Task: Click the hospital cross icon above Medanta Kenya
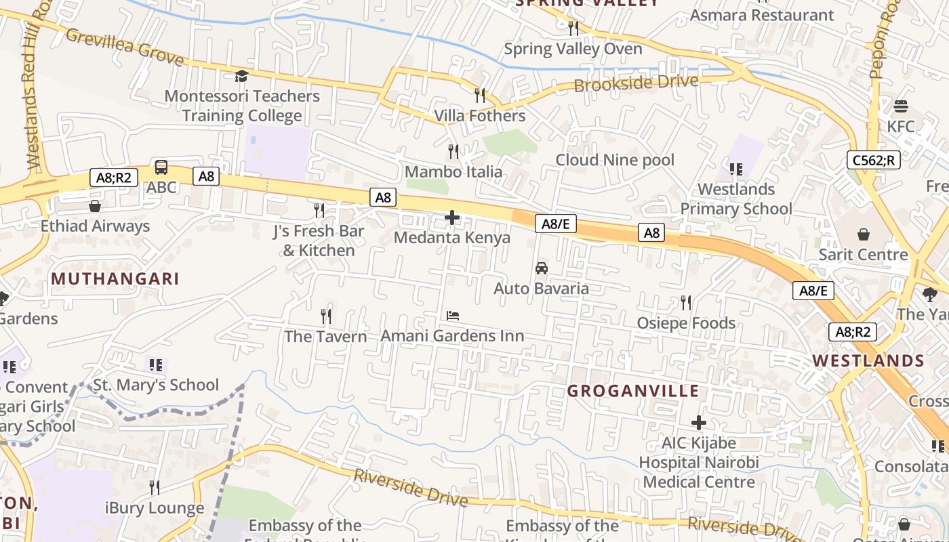pyautogui.click(x=452, y=217)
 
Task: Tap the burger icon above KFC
pyautogui.click(x=901, y=106)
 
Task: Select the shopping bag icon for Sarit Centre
pyautogui.click(x=864, y=234)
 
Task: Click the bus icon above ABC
pyautogui.click(x=161, y=167)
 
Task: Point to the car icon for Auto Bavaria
pyautogui.click(x=542, y=268)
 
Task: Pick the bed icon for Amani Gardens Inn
pyautogui.click(x=453, y=316)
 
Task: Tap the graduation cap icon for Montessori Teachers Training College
pyautogui.click(x=241, y=76)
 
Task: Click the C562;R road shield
pyautogui.click(x=873, y=160)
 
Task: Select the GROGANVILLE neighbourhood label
pyautogui.click(x=632, y=391)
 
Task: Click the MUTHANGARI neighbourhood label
pyautogui.click(x=115, y=278)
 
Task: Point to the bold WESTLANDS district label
pyautogui.click(x=868, y=360)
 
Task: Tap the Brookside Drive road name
pyautogui.click(x=636, y=83)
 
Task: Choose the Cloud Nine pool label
pyautogui.click(x=615, y=160)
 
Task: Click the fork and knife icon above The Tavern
pyautogui.click(x=326, y=316)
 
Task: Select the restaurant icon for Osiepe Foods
pyautogui.click(x=686, y=303)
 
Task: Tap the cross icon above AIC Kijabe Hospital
pyautogui.click(x=698, y=423)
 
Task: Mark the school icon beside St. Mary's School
pyautogui.click(x=156, y=365)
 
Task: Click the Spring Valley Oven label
pyautogui.click(x=573, y=49)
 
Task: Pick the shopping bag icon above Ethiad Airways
pyautogui.click(x=95, y=206)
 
